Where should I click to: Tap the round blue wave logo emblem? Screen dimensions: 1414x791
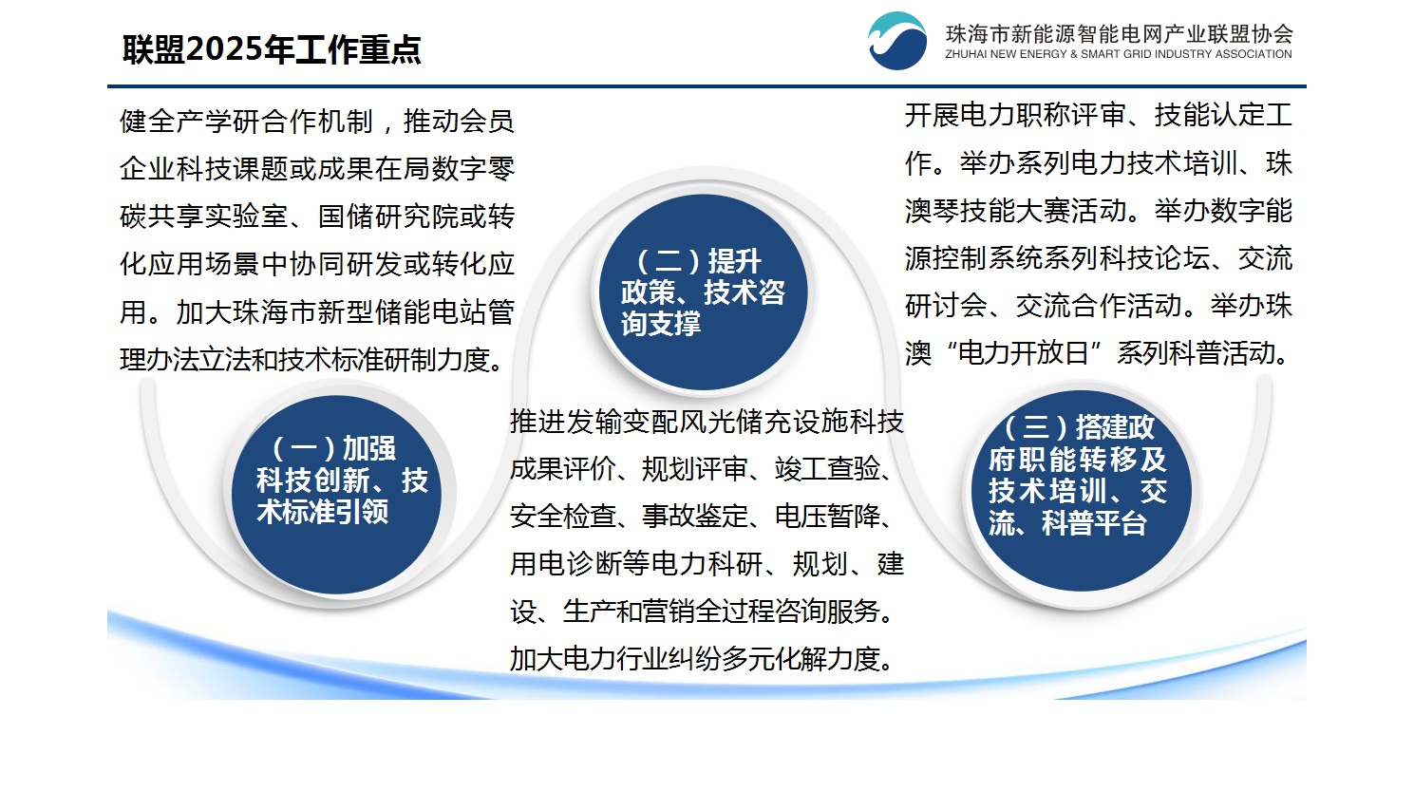click(897, 41)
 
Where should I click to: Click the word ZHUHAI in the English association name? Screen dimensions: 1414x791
click(966, 54)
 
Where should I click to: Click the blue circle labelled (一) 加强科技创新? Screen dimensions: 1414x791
click(337, 495)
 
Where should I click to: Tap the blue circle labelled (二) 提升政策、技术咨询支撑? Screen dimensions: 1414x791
click(704, 292)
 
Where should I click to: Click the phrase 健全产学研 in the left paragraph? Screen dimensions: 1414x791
click(189, 122)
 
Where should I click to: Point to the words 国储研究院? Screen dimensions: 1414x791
click(386, 217)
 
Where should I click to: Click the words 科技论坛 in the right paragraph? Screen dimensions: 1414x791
click(1154, 259)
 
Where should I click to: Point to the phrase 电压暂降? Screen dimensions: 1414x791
click(827, 517)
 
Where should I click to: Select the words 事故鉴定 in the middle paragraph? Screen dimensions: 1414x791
click(695, 517)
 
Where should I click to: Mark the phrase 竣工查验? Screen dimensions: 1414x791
click(827, 469)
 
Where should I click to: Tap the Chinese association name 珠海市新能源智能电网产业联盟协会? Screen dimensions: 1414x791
click(1119, 33)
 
